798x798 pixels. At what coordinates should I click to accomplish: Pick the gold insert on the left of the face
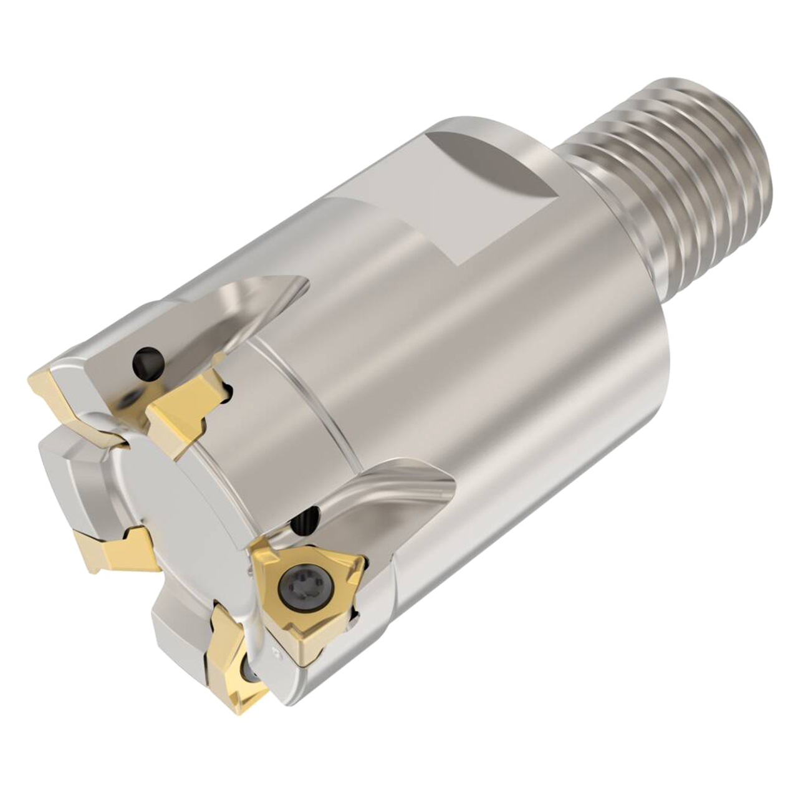[112, 549]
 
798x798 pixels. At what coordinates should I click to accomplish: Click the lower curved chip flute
[387, 493]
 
